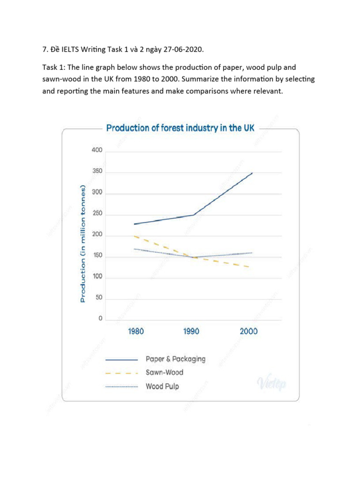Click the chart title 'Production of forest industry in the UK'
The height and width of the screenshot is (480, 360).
pyautogui.click(x=180, y=128)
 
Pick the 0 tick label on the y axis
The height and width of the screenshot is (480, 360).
pyautogui.click(x=100, y=319)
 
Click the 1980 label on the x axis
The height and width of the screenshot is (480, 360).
pyautogui.click(x=135, y=331)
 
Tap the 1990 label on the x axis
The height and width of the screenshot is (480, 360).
pyautogui.click(x=191, y=331)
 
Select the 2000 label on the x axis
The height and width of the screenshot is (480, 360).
pyautogui.click(x=248, y=331)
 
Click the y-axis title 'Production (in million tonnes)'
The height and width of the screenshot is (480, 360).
pyautogui.click(x=82, y=244)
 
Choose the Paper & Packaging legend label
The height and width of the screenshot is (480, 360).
pyautogui.click(x=175, y=359)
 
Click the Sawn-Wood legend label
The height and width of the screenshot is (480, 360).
pyautogui.click(x=165, y=373)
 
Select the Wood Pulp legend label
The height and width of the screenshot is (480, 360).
pyautogui.click(x=162, y=387)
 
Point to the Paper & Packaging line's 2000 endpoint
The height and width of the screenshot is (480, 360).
pyautogui.click(x=252, y=173)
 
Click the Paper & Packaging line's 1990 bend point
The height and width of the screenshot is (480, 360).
pyautogui.click(x=194, y=215)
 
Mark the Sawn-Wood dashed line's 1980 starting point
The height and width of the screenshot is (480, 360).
pyautogui.click(x=134, y=236)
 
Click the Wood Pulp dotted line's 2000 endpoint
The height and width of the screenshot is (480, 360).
pyautogui.click(x=252, y=253)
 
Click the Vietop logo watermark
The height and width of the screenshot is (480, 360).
pyautogui.click(x=271, y=384)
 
